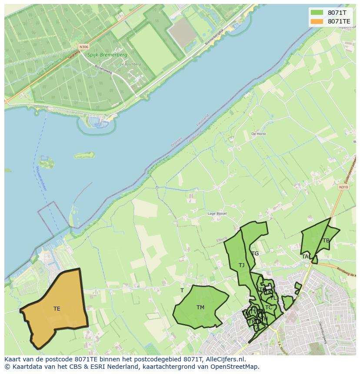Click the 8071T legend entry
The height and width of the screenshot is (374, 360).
(x=337, y=13)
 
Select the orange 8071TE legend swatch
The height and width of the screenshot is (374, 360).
(x=317, y=21)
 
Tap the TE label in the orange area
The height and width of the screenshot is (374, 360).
(x=57, y=309)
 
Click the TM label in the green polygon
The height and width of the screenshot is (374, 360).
(x=200, y=308)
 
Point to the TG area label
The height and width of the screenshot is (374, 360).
(x=255, y=254)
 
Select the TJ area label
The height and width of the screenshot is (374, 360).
(x=241, y=265)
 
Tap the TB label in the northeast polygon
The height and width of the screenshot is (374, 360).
(x=326, y=241)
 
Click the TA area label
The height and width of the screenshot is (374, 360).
(x=305, y=257)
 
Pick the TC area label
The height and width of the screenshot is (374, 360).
(x=269, y=308)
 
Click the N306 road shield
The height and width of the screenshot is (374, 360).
(x=83, y=46)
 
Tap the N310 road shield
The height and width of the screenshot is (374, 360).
(x=343, y=187)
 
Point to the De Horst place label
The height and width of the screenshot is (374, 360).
(x=258, y=134)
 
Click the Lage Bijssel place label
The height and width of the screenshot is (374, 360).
(x=217, y=214)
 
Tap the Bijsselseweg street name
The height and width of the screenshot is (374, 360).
(x=103, y=70)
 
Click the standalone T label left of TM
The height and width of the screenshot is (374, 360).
(x=182, y=290)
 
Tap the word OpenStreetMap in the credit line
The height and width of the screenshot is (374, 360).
(x=237, y=367)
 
